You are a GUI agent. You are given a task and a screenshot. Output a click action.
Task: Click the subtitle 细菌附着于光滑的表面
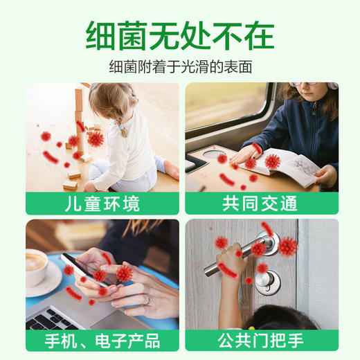coord(180,68)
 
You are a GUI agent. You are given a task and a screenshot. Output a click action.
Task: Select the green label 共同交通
coord(261,204)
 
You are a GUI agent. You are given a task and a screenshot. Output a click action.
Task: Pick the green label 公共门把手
coord(261,340)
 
